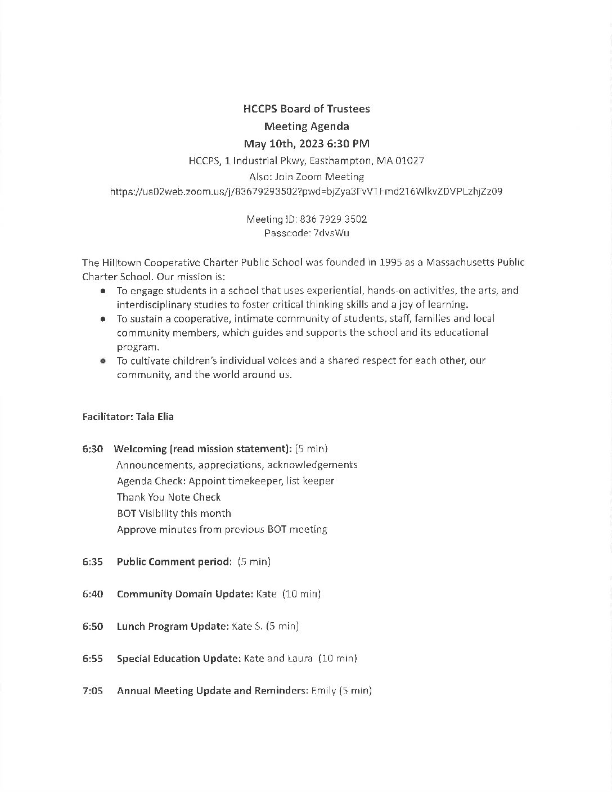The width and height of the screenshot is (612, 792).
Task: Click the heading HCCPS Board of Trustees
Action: click(306, 109)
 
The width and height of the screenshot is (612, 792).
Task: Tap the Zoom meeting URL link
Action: click(306, 191)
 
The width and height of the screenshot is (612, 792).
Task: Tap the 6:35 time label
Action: click(92, 561)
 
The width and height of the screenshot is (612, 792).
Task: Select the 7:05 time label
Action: click(92, 691)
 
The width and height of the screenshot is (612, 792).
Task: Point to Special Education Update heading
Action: click(178, 659)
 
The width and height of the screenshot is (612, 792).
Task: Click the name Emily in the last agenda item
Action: click(323, 691)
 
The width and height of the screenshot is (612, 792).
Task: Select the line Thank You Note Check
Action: click(169, 497)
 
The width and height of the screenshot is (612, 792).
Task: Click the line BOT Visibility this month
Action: click(174, 514)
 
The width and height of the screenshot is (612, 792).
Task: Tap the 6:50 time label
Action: click(92, 626)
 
